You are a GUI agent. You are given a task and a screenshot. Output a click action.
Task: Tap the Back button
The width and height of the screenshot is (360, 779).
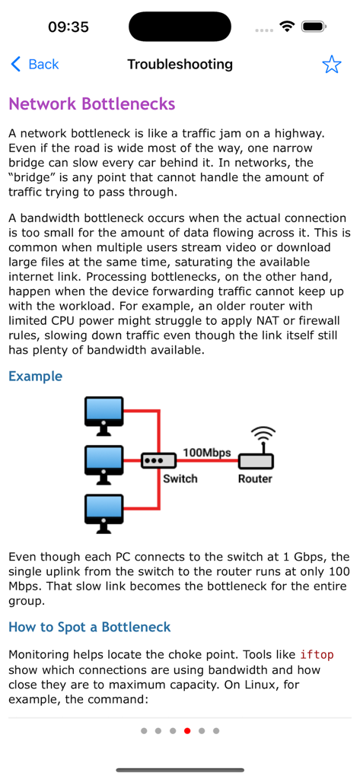pos(34,65)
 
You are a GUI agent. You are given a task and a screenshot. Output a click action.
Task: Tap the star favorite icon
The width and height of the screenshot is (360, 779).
pos(332,65)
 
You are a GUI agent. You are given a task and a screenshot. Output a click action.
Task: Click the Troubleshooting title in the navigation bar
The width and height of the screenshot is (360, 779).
pos(180,65)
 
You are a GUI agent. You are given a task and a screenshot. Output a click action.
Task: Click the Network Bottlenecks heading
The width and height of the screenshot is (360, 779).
pos(91,103)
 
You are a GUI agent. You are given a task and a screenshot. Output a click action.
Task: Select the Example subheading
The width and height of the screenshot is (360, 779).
pos(35,376)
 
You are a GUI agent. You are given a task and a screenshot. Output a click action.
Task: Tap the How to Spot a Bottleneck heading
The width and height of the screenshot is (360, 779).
pos(89,627)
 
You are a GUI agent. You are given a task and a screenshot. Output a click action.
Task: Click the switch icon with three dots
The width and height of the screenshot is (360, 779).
pos(152,461)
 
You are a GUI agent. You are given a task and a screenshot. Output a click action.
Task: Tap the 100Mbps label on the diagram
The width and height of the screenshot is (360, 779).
pos(206,453)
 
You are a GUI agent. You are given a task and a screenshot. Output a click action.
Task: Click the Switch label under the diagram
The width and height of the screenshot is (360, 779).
pos(180,479)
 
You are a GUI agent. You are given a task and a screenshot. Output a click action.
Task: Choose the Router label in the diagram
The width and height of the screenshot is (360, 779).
pos(255,479)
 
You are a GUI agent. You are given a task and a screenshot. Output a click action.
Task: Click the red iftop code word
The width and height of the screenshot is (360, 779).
pos(317,655)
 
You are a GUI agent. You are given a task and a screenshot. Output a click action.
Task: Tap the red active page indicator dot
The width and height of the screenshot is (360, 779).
pos(187,730)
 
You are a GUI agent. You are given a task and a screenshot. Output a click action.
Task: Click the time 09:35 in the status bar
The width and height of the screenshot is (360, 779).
pos(68,27)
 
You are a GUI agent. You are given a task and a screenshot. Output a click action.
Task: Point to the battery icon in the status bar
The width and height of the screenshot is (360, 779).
pos(314,27)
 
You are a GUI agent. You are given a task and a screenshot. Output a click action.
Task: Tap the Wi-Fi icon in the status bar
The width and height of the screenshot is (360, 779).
pos(287,27)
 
